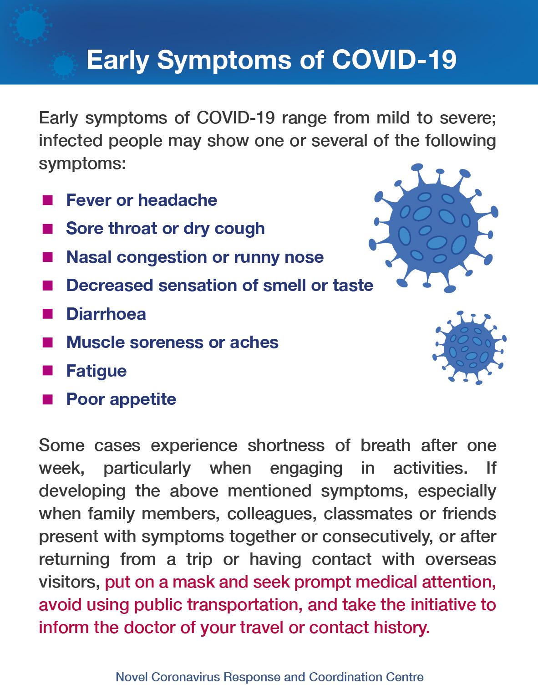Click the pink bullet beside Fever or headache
47,200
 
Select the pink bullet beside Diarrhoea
47,314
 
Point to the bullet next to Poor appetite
47,399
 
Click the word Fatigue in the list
96,371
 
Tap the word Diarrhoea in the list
106,314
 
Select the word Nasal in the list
89,257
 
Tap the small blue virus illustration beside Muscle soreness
469,347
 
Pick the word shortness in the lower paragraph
286,445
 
